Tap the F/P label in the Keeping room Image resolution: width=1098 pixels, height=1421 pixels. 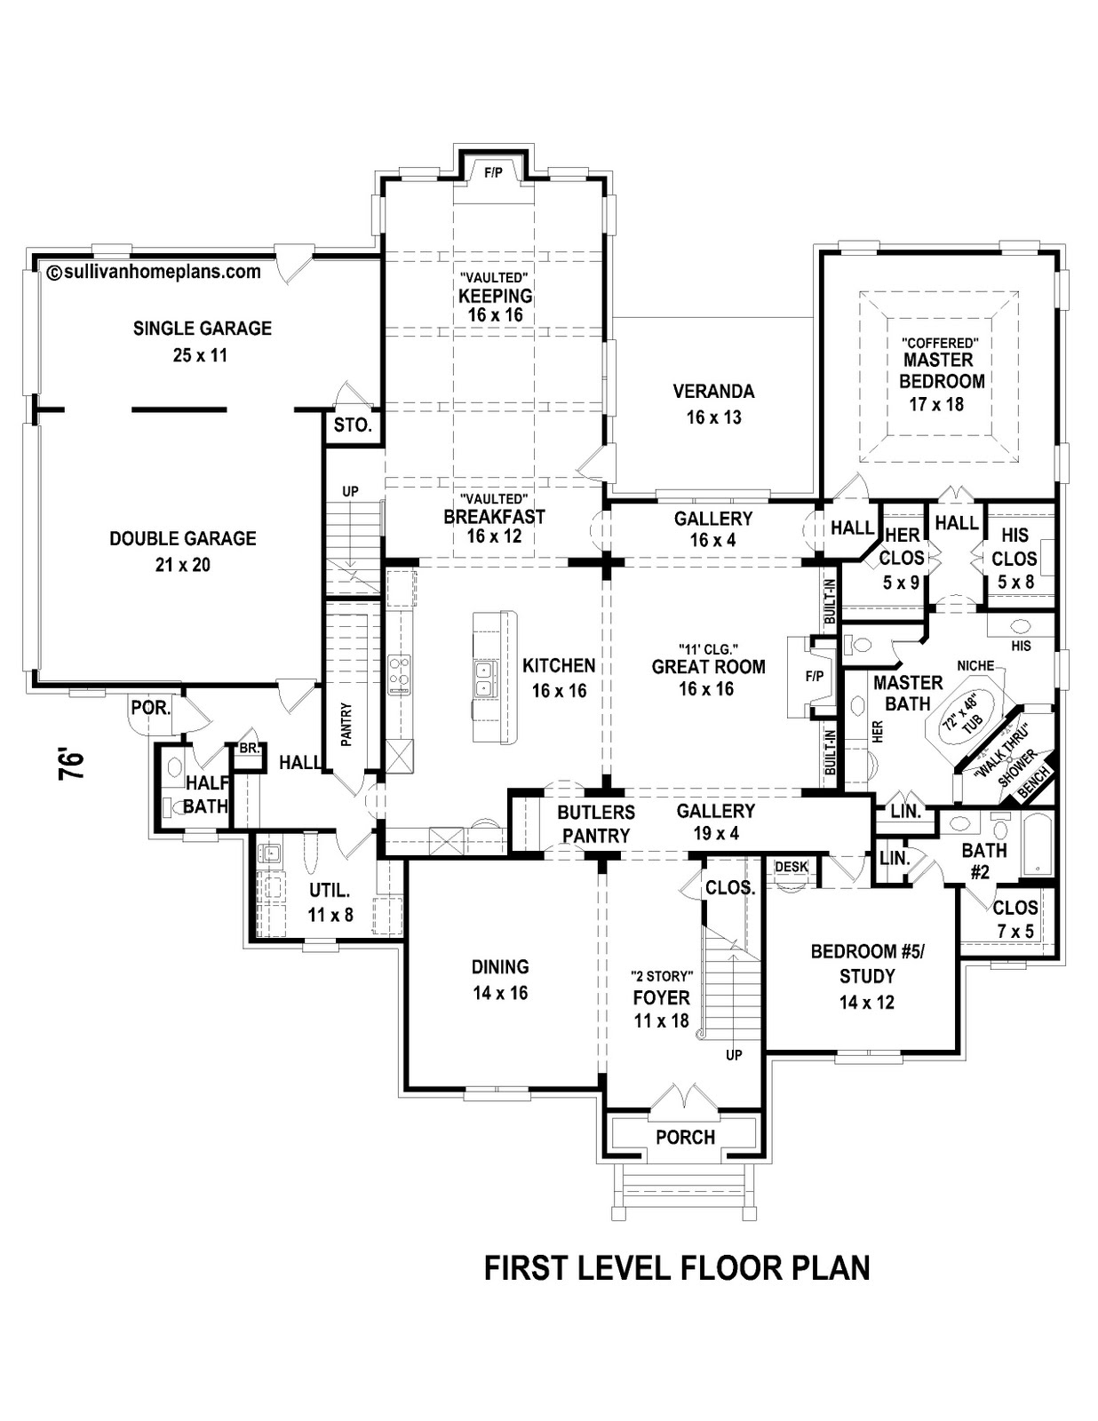(x=493, y=173)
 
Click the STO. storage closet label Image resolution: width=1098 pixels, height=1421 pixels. (x=353, y=425)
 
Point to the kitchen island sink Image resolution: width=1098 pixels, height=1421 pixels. (x=484, y=679)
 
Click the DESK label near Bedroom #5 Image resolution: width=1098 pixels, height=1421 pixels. (x=791, y=867)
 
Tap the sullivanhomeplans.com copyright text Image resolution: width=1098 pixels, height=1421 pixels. (x=155, y=272)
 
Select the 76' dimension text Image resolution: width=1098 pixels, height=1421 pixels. (x=71, y=765)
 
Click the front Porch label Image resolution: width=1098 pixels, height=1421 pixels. (x=685, y=1137)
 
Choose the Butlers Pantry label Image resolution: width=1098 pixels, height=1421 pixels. (x=596, y=823)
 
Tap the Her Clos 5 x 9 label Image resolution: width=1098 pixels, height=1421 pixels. (x=902, y=558)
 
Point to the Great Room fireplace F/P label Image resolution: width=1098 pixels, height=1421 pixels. (x=815, y=676)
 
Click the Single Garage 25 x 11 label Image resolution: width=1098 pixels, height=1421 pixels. (x=203, y=341)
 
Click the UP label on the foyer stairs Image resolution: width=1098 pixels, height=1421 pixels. (x=734, y=1055)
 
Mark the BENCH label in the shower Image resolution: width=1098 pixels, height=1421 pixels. (x=1037, y=782)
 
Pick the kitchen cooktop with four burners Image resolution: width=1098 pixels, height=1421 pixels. (x=399, y=673)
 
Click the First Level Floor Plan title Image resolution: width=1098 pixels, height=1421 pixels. (x=677, y=1267)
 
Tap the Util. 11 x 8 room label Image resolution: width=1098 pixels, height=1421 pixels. (x=330, y=901)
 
